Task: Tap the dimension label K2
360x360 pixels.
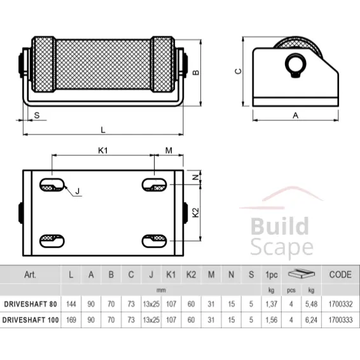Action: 196,212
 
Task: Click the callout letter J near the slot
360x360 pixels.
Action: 77,190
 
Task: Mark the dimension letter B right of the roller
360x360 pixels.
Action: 197,71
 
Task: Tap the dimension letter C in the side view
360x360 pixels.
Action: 237,71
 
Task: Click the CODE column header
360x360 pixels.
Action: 340,275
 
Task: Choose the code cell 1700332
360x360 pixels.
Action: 340,303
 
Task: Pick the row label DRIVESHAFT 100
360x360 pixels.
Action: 31,320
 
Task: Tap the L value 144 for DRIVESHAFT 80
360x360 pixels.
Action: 71,303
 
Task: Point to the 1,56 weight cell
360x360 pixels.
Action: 271,320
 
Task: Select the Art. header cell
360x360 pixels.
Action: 30,275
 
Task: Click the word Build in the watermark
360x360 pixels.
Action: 279,227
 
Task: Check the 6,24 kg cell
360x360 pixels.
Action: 310,320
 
